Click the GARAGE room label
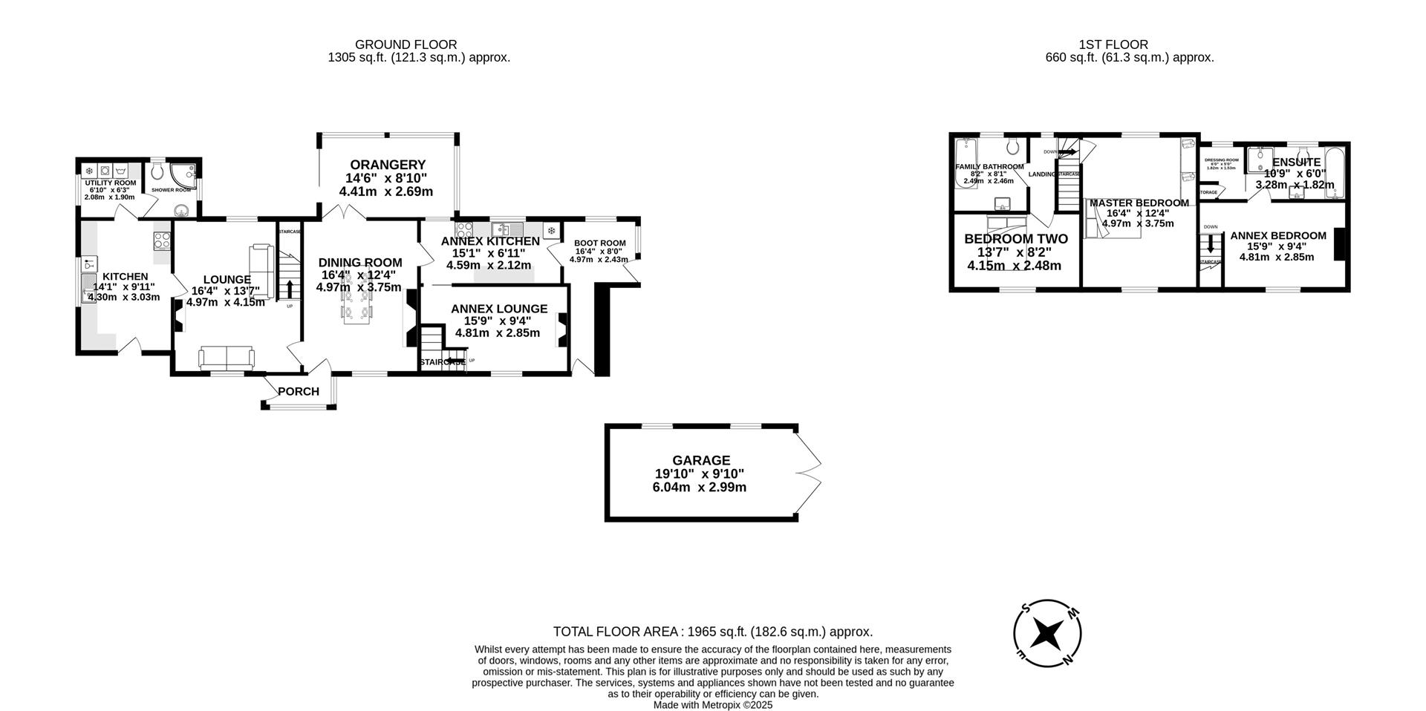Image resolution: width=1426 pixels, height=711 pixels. [701, 460]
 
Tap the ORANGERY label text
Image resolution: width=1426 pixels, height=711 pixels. [388, 165]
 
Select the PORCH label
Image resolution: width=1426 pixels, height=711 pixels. [299, 392]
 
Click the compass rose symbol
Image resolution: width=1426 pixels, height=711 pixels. [1047, 633]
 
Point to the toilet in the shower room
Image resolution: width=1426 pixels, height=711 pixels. [157, 172]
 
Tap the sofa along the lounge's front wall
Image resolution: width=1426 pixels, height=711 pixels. [226, 358]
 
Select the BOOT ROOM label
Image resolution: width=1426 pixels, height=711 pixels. [599, 243]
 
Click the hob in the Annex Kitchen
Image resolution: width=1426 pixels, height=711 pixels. [466, 229]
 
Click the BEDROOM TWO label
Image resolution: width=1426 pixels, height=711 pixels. [1015, 239]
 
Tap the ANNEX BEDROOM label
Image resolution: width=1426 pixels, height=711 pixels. [1277, 236]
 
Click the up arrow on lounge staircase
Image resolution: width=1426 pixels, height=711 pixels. [290, 289]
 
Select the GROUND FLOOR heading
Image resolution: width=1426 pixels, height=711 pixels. [406, 45]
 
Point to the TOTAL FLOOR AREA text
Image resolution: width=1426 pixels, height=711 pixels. [712, 632]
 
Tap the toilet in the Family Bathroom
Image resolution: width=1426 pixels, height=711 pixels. [1015, 144]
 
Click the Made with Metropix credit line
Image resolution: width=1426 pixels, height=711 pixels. [712, 705]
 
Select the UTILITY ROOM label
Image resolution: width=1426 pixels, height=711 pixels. [110, 183]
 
